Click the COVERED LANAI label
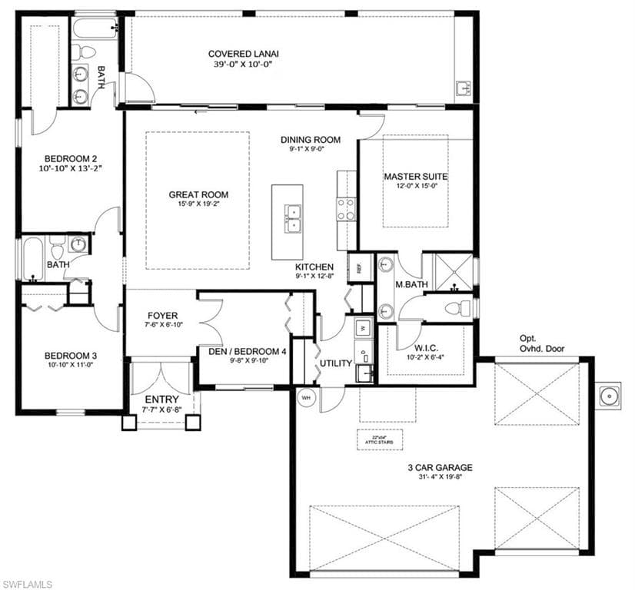tap(243, 54)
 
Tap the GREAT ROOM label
tap(198, 194)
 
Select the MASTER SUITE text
tap(415, 177)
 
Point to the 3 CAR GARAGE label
tap(441, 467)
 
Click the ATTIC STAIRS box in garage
tap(379, 439)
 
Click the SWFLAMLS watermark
tap(28, 582)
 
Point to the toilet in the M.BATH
tap(458, 309)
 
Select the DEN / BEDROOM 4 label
tap(247, 351)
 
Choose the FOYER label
tap(162, 315)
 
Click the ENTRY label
tap(161, 399)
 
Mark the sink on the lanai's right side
tap(464, 88)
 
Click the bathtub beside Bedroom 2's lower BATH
tap(32, 259)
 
